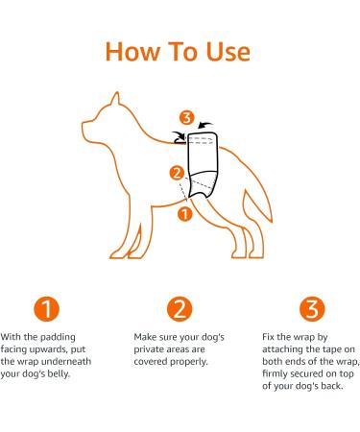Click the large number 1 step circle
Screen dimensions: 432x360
pos(45,310)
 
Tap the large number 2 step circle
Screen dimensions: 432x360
pos(179,310)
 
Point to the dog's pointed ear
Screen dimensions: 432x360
pos(116,99)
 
